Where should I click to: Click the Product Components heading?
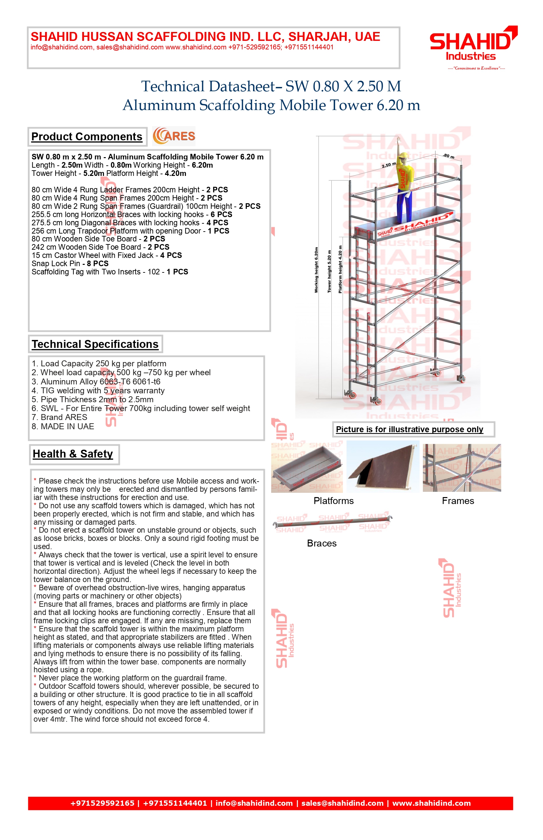click(x=87, y=137)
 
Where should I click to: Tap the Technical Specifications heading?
click(x=95, y=344)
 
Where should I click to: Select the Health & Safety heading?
click(x=73, y=454)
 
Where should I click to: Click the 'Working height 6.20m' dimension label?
click(x=316, y=270)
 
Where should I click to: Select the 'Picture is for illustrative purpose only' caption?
click(x=409, y=430)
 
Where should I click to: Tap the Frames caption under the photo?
click(x=458, y=501)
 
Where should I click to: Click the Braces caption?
click(x=322, y=543)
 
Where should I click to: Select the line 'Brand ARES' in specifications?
click(x=59, y=417)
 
